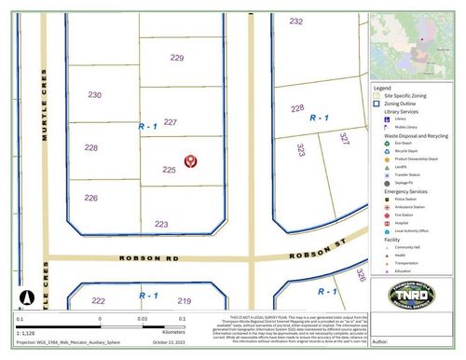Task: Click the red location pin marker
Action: [190, 162]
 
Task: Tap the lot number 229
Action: [177, 57]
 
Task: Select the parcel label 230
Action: [94, 95]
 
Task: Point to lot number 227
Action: [170, 122]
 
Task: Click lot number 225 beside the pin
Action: [169, 170]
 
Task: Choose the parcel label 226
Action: [90, 198]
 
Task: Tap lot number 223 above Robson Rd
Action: [161, 224]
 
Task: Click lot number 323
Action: [300, 149]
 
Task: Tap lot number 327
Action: [344, 139]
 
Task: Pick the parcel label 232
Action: [296, 21]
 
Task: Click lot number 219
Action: [185, 300]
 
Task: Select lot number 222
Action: [98, 300]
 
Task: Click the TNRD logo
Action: [409, 298]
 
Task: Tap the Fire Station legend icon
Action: [386, 215]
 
